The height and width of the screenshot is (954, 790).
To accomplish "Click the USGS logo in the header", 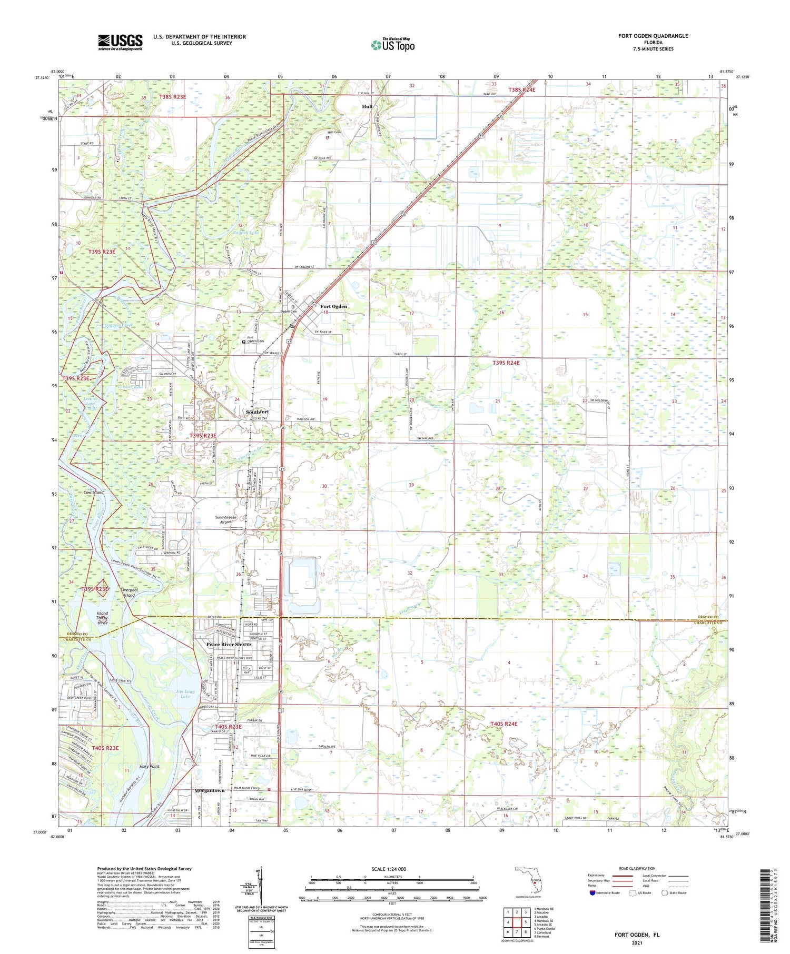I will [x=120, y=42].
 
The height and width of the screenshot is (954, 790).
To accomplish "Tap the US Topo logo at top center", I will [x=392, y=45].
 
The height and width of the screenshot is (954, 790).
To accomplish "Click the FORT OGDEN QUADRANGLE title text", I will [x=653, y=36].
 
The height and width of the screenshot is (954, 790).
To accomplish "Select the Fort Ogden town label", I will [x=333, y=306].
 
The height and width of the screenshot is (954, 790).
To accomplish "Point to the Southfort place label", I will [x=258, y=411].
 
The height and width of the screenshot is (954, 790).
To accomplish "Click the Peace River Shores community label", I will [x=229, y=644].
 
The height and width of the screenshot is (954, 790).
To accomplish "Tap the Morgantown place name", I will [x=210, y=790].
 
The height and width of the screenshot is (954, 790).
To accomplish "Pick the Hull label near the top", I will [x=367, y=106].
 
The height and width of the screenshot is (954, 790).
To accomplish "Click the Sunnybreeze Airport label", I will [x=228, y=519].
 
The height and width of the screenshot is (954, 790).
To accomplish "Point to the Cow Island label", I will [x=94, y=493].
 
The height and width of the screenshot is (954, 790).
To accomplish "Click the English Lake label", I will [x=246, y=232].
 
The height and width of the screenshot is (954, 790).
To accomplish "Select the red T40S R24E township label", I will [x=503, y=724].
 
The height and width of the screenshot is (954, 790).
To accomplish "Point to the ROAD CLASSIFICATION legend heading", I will [x=636, y=869].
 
